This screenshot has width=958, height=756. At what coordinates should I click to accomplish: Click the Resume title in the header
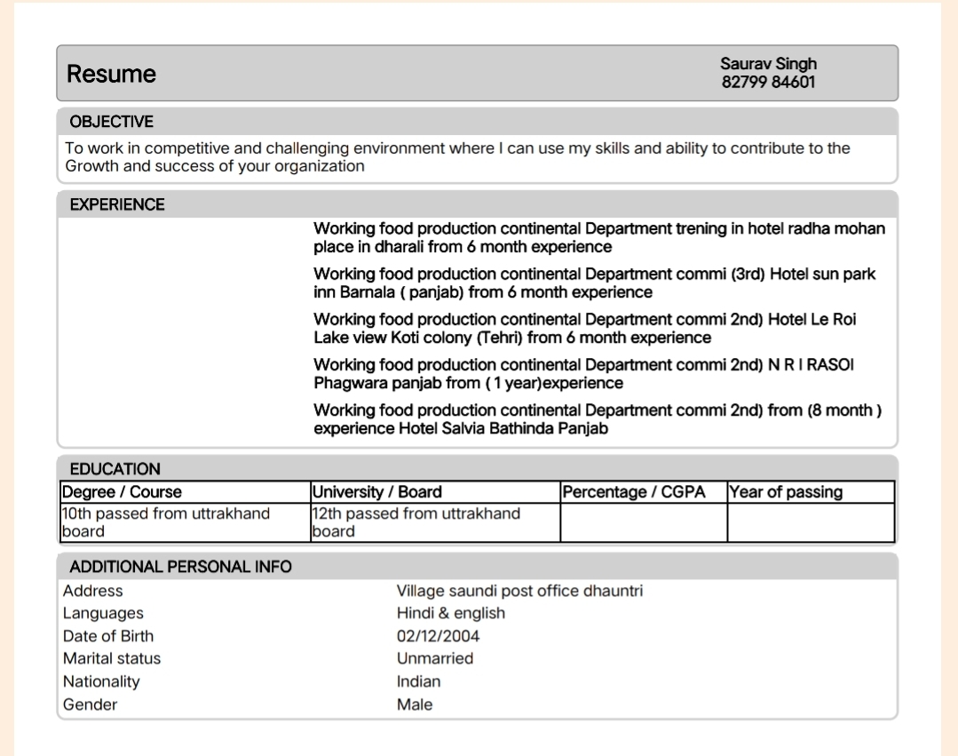pos(111,74)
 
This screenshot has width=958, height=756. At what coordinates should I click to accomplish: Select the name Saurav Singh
pos(768,64)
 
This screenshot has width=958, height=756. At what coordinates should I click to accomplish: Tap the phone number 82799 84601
pos(768,83)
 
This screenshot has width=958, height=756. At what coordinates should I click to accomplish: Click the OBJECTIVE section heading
pos(111,122)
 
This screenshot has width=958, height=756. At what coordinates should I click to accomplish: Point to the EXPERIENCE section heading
pos(117,204)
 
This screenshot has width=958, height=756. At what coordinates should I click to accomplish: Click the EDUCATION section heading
pos(115,469)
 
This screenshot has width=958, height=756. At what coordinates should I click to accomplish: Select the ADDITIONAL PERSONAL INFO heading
pos(180,567)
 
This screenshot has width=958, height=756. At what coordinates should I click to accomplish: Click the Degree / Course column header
pos(121,492)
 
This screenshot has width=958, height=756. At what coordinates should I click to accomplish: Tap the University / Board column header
pos(376,492)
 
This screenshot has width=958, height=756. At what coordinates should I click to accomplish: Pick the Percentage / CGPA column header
pos(634,492)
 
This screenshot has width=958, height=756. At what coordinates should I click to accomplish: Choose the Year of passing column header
pos(786,492)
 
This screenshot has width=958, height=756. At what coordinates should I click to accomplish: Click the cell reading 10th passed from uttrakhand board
pos(165,522)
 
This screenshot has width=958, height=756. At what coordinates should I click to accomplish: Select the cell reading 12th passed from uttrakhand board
pos(416,522)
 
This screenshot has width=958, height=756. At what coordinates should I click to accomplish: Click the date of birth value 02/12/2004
pos(438,636)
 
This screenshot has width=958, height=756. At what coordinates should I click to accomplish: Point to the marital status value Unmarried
pos(435,658)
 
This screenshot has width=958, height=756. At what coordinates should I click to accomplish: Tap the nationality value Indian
pos(418,681)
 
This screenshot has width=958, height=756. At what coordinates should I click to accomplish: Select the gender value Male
pos(415,704)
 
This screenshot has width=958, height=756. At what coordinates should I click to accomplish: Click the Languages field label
pos(103,613)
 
